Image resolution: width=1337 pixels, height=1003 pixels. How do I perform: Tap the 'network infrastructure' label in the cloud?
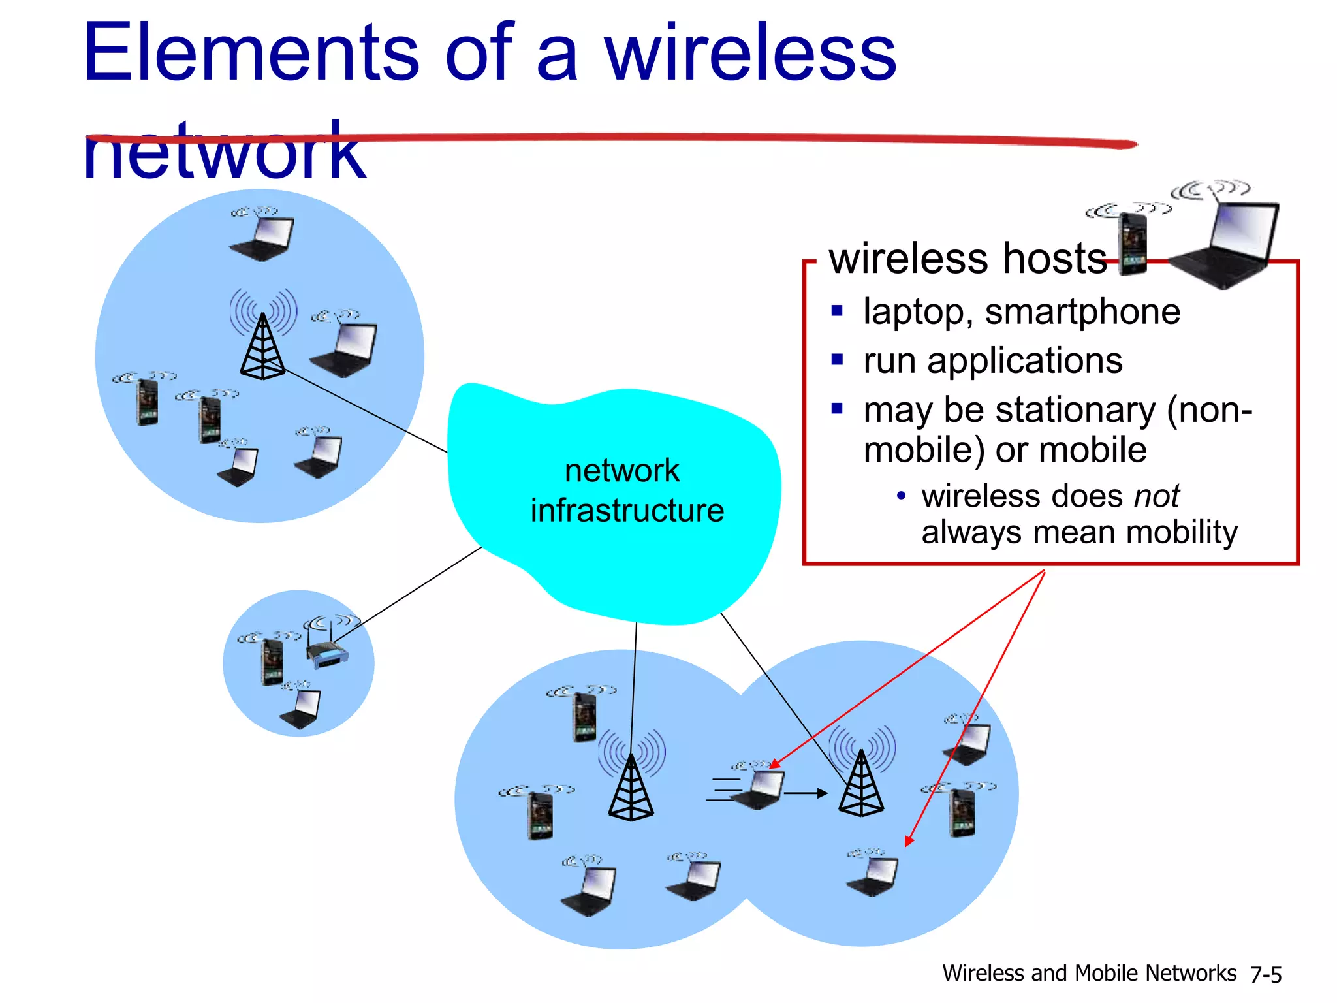click(x=625, y=490)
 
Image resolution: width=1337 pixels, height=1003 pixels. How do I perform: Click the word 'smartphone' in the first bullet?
click(x=1082, y=311)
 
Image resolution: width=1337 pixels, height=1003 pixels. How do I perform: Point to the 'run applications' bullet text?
click(x=992, y=360)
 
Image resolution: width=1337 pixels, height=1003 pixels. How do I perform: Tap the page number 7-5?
click(x=1265, y=974)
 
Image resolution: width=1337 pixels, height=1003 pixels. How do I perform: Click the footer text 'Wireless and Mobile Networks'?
click(x=1089, y=973)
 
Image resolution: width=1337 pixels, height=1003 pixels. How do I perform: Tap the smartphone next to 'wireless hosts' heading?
click(x=1133, y=243)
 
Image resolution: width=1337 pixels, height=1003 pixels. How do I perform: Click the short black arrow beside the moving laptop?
click(x=806, y=793)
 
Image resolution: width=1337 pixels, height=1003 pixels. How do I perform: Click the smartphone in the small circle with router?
click(x=272, y=661)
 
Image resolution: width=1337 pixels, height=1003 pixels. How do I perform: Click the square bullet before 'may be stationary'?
click(x=838, y=409)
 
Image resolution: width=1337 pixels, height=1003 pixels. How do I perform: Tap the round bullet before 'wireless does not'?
click(x=902, y=496)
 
